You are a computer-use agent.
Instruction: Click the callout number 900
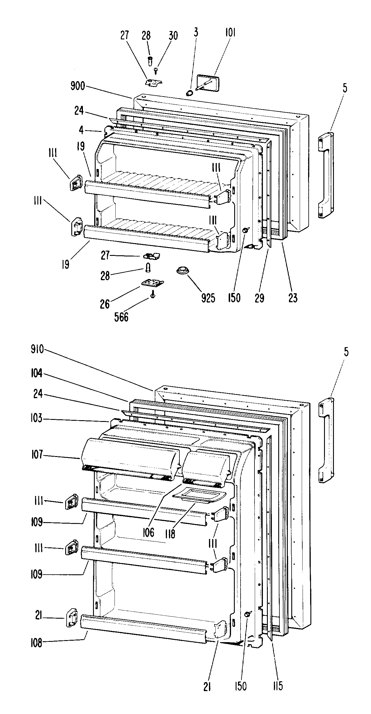coord(78,86)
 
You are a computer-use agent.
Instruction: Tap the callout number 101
coord(230,33)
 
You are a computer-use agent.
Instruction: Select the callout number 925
coord(208,298)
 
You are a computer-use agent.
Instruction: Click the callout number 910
coord(37,349)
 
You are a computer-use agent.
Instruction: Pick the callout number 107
coord(37,455)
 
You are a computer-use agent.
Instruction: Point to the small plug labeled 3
coord(189,93)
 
